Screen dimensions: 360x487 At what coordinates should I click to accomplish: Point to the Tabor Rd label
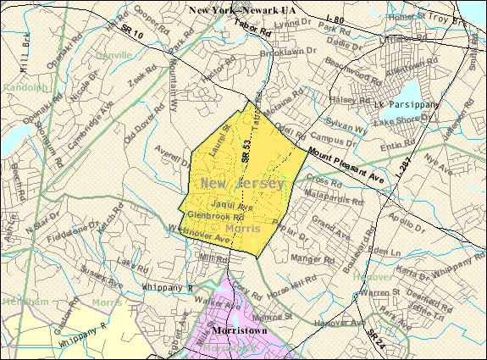tap(252, 32)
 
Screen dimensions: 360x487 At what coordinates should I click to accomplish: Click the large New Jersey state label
tap(243, 183)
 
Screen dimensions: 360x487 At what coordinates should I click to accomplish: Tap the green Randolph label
tap(19, 86)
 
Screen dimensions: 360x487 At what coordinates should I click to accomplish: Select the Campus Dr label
tap(331, 136)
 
